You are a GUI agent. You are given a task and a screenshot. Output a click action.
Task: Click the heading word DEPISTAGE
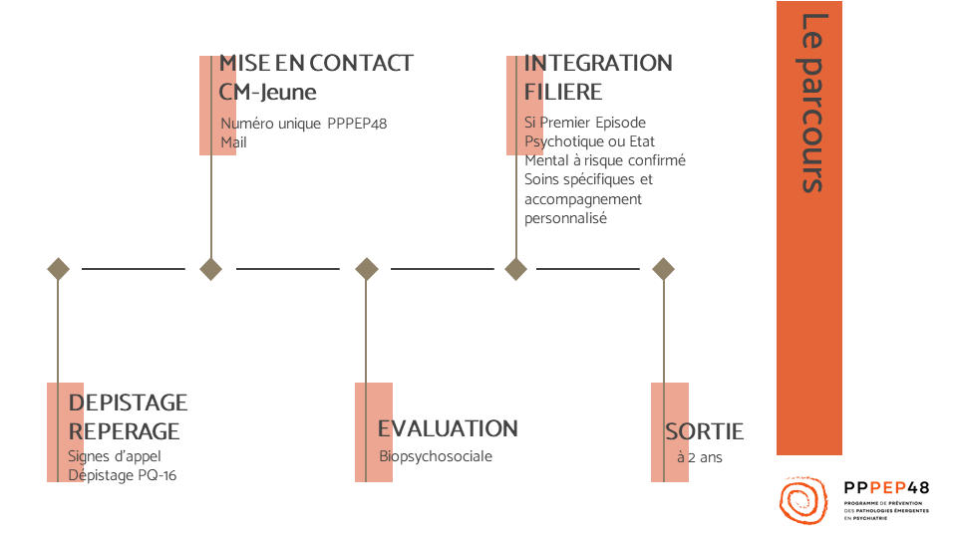[x=129, y=403]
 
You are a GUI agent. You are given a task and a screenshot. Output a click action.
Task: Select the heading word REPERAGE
[x=124, y=431]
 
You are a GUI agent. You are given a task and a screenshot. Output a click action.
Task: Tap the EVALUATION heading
[x=448, y=428]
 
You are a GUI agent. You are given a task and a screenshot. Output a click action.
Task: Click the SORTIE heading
[x=705, y=431]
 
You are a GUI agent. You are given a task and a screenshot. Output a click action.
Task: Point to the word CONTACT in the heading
[x=361, y=63]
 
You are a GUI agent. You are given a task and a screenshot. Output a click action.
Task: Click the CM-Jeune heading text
[x=267, y=92]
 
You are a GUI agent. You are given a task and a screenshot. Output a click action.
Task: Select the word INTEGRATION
[x=598, y=63]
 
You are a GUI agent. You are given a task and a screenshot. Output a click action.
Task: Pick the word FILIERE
[x=562, y=92]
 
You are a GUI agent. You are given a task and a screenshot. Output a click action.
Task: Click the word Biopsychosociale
[x=436, y=456]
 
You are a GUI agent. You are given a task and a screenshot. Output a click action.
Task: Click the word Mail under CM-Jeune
[x=233, y=142]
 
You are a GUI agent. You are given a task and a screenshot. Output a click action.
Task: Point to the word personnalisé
[x=565, y=218]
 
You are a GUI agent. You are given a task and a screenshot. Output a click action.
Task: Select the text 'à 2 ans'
[x=700, y=457]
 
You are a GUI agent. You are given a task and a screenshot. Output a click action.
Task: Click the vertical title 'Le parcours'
[x=812, y=103]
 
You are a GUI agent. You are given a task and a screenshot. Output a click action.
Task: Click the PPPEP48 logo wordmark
[x=886, y=488]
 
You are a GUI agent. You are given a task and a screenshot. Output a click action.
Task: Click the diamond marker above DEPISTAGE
[x=59, y=269]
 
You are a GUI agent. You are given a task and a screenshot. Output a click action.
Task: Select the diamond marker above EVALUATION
[x=367, y=269]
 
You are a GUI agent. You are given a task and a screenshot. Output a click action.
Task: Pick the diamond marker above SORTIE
[x=664, y=269]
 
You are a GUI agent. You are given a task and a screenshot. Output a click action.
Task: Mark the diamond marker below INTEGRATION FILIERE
[x=516, y=269]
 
